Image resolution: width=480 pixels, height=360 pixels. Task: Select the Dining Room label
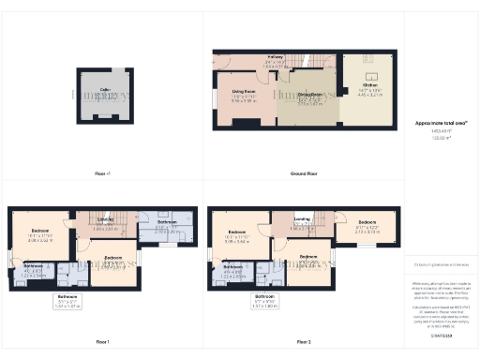pos(309,96)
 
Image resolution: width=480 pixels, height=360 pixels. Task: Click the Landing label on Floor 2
pos(302,219)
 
